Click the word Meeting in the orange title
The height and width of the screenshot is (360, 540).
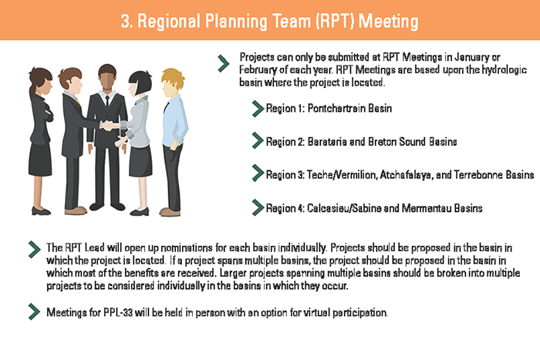coord(388,22)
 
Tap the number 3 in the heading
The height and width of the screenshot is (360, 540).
coord(125,22)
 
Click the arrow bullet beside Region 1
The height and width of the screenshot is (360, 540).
coord(257,109)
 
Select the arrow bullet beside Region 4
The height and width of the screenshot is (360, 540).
coord(257,207)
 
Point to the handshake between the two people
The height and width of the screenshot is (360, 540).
coord(110,125)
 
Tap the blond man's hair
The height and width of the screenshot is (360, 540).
coord(172,79)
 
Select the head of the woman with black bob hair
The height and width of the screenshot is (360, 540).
coord(140,83)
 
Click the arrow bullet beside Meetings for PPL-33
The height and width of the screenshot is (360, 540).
coord(34,311)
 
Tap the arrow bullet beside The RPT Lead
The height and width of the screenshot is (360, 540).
coord(34,250)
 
